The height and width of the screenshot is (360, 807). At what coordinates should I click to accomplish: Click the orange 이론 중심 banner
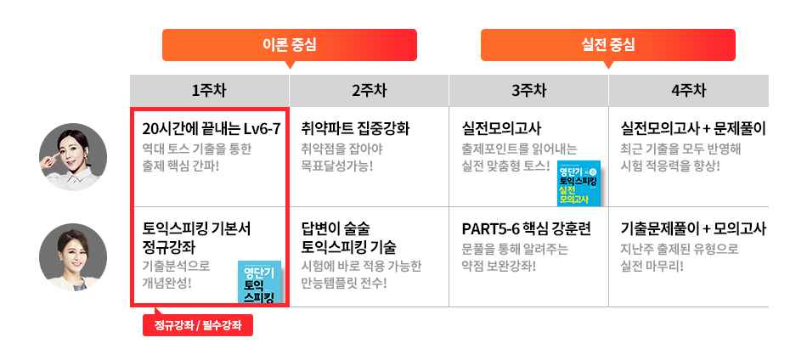290,44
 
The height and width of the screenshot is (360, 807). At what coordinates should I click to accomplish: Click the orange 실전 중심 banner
608,44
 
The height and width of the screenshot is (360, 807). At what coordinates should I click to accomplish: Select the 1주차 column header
209,90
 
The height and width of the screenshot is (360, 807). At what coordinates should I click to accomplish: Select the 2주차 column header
369,90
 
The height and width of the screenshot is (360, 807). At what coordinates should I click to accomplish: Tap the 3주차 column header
528,90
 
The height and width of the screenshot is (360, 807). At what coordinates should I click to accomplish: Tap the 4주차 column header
688,90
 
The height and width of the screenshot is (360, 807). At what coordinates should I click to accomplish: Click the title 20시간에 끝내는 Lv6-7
211,129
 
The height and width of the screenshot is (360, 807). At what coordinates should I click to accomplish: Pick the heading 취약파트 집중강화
356,129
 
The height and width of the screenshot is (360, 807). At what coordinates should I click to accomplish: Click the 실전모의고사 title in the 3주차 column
501,129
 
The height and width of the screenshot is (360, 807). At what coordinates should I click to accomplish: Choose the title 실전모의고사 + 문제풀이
694,129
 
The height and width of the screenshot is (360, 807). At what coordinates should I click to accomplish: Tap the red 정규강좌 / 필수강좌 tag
198,325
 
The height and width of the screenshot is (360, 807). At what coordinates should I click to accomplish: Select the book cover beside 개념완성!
260,282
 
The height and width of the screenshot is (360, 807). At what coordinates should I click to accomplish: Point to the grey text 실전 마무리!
652,266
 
